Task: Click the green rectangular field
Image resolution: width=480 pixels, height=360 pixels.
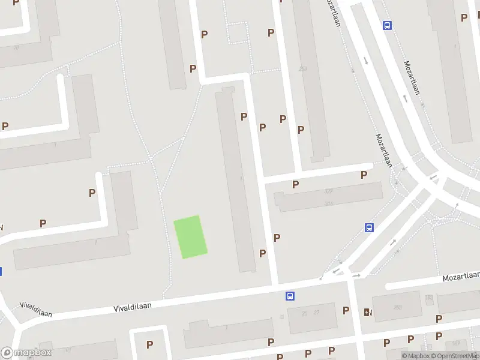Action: click(x=190, y=237)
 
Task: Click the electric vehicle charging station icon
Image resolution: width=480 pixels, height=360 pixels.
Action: click(x=367, y=312)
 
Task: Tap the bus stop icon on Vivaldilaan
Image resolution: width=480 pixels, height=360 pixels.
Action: click(x=290, y=296)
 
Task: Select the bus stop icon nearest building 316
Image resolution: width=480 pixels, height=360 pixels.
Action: click(x=369, y=228)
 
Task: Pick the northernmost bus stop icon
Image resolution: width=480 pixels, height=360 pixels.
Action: click(x=387, y=25)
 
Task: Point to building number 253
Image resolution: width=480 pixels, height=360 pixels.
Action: click(x=303, y=69)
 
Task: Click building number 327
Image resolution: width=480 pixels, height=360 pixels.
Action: click(x=329, y=191)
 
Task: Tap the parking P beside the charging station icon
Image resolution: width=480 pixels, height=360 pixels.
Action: click(x=346, y=310)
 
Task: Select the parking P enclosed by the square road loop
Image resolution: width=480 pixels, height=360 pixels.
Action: click(x=149, y=344)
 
